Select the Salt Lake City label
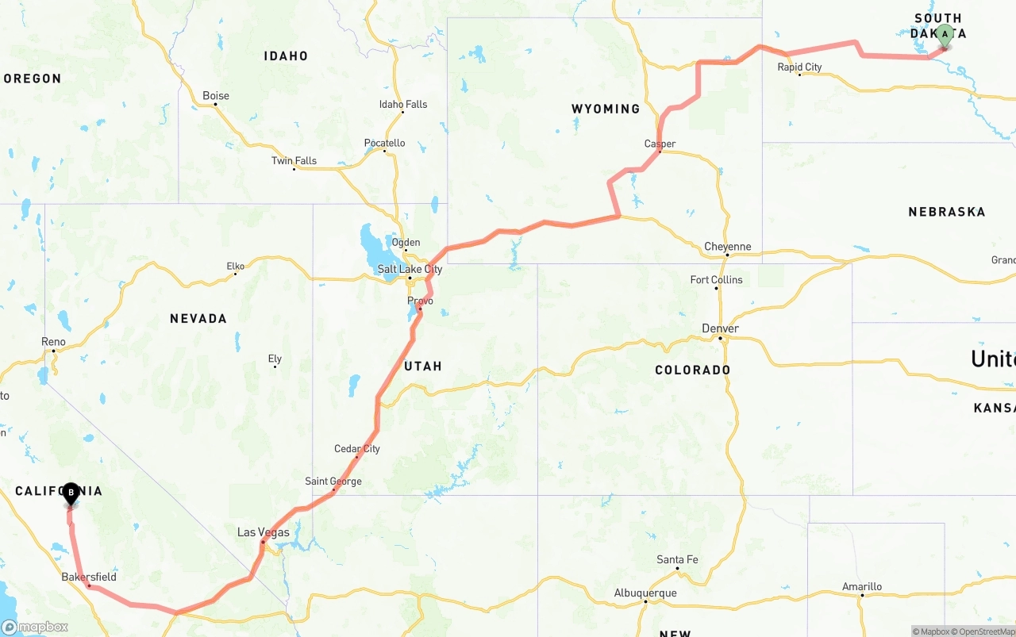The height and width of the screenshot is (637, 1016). coord(410,269)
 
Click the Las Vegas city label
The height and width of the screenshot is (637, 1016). coord(264,532)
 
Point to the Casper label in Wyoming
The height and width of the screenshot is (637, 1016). coord(660,144)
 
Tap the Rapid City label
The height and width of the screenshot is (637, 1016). coord(799,67)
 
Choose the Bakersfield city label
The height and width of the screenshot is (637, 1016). coord(89,577)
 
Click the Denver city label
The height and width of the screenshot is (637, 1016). coord(720,328)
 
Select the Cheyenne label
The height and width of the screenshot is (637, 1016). coord(727,247)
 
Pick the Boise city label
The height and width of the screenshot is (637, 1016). coord(216,96)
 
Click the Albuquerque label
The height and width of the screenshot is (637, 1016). coord(645,593)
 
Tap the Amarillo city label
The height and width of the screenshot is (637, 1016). coord(862,587)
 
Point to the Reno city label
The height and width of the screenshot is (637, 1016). coord(53,342)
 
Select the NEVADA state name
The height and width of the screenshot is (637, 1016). coord(198,318)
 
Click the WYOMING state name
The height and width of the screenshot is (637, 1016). coord(606,109)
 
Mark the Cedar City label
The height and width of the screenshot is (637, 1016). coord(357,449)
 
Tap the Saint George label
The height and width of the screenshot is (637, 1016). coord(333,482)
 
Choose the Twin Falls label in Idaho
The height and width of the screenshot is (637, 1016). coord(294,161)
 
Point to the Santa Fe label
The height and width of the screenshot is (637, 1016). coord(677,560)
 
